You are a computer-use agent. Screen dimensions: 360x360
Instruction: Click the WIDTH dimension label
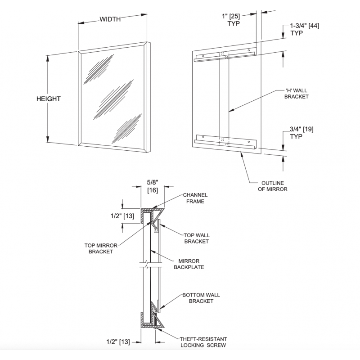point(110,19)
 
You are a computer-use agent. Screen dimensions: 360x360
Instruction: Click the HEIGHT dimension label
point(48,99)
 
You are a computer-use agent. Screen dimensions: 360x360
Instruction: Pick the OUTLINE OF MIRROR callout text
point(274,186)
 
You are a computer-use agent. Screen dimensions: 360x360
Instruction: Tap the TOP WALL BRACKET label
point(197,238)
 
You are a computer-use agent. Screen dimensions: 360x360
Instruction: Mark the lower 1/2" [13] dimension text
point(117,342)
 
